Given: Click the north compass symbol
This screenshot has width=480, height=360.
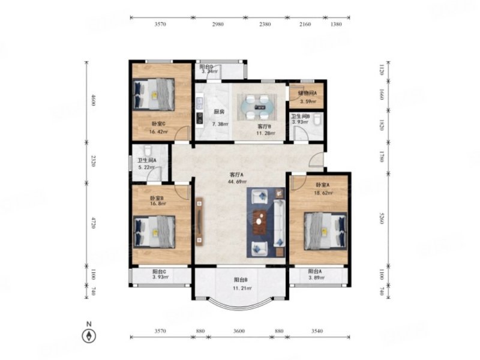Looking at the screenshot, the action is tap(89, 336).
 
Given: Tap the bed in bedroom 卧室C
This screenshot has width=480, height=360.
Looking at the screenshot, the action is tap(154, 94).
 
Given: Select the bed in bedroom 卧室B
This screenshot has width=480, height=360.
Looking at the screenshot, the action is tap(154, 232).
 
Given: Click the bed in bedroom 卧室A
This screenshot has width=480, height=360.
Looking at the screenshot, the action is tap(326, 231).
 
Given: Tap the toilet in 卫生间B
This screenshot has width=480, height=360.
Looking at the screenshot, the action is tap(317, 119).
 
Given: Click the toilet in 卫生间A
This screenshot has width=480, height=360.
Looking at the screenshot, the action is tap(148, 151).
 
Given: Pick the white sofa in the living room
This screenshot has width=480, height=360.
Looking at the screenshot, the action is tap(279, 223).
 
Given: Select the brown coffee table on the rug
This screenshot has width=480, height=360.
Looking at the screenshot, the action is tap(260, 221).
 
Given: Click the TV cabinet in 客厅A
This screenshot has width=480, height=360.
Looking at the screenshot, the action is tap(199, 222).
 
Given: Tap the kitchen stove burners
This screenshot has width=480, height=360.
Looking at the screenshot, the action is tap(200, 118).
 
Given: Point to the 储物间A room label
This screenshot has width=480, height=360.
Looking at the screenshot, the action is tap(307, 93).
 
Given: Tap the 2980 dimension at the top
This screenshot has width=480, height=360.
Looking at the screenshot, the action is tap(218, 24).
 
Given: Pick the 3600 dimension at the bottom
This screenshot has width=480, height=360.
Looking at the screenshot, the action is tap(239, 331).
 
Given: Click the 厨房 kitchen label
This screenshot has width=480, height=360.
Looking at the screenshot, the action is tap(219, 112).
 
